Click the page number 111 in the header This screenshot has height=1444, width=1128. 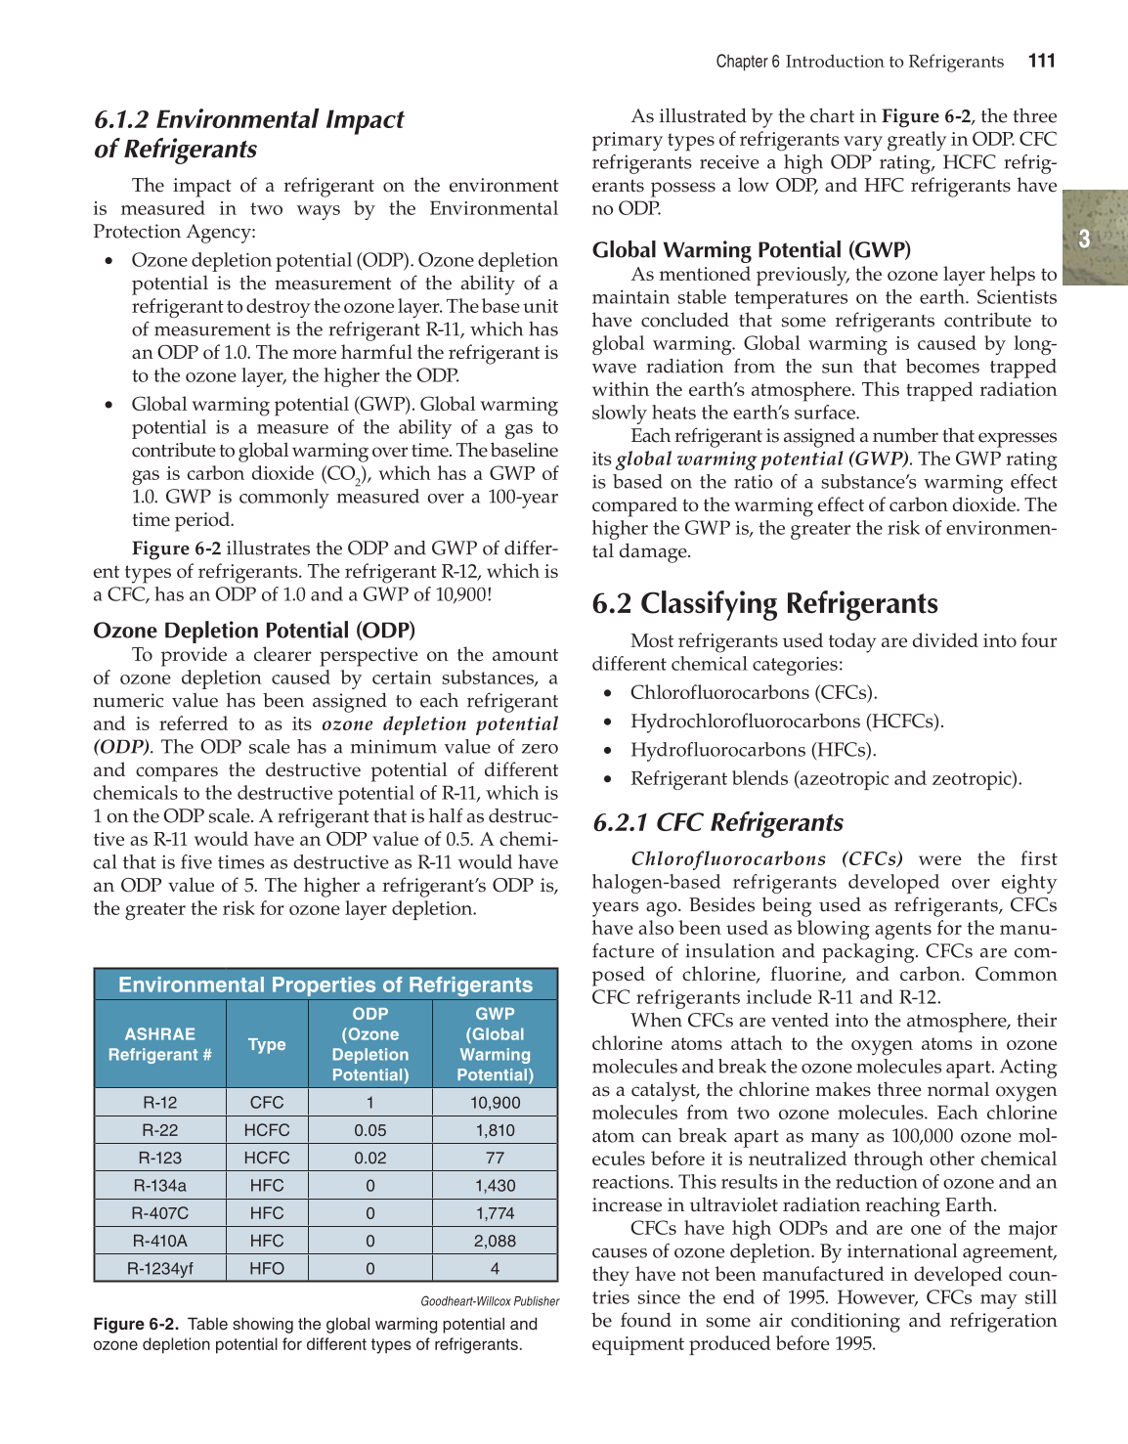1041,61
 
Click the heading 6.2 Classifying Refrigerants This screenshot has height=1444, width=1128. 764,603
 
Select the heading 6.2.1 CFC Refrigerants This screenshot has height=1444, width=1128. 717,822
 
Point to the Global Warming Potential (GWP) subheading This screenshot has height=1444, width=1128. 751,249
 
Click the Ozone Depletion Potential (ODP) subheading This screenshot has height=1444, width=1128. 254,630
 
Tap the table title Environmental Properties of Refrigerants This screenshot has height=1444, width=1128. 325,985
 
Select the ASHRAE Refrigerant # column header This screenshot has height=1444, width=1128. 159,1044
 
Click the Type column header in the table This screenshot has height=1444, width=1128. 267,1044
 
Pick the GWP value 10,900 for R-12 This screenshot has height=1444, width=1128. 495,1102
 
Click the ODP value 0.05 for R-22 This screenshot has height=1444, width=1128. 369,1130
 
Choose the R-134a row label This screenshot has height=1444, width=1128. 159,1185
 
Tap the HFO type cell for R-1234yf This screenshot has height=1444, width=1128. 267,1268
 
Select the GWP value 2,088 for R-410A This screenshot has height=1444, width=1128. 495,1241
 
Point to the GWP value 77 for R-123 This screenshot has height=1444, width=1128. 495,1158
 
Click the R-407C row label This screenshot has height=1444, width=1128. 159,1213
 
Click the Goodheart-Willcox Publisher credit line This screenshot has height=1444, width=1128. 490,1301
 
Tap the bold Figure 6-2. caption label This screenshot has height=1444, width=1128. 136,1324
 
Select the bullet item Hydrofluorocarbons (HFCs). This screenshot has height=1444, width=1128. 753,750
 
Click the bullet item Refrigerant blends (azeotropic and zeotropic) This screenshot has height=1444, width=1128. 825,778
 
